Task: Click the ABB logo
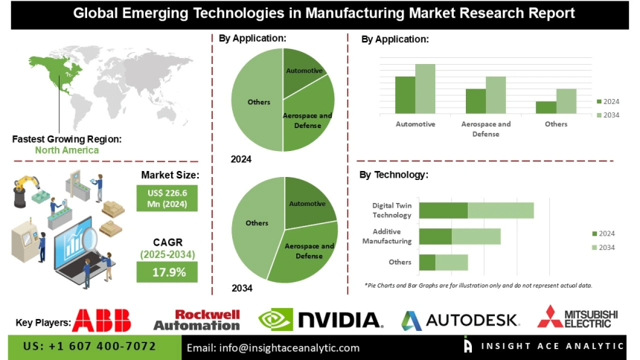[102, 320]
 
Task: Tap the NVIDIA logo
[320, 320]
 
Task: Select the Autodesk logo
[461, 320]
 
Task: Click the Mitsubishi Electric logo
[578, 318]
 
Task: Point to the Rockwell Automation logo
[196, 320]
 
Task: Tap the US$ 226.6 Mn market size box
[167, 197]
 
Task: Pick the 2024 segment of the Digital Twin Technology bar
[444, 210]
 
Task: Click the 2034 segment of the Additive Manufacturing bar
[476, 237]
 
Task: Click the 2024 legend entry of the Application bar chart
[607, 101]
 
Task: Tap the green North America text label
[66, 150]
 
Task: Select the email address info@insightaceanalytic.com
[273, 347]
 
